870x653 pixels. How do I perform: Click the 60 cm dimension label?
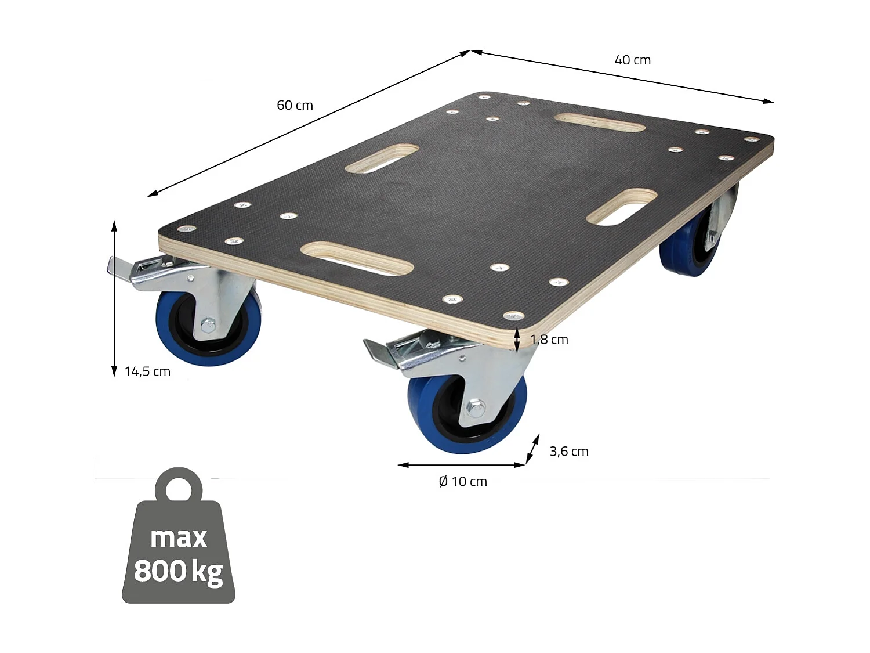[295, 105]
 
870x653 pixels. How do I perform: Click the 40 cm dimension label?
[632, 60]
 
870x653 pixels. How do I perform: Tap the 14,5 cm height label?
[147, 371]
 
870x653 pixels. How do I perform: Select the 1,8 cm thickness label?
[549, 340]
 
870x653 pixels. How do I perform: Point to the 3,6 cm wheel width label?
[568, 451]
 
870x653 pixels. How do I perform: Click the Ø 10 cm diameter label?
[463, 481]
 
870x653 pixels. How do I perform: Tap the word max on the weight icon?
[178, 537]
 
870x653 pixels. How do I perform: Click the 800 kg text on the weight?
[178, 571]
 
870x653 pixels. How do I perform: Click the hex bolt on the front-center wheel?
[476, 407]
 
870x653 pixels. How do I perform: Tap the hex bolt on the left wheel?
[207, 324]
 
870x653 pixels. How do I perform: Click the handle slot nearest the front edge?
[357, 258]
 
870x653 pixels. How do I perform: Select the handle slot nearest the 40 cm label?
[599, 122]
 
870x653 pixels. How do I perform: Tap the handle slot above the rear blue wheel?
[622, 207]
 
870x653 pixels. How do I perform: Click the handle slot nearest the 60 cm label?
[382, 158]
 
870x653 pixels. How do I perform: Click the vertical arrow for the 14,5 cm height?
[114, 298]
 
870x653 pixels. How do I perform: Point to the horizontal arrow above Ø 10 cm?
[462, 465]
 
